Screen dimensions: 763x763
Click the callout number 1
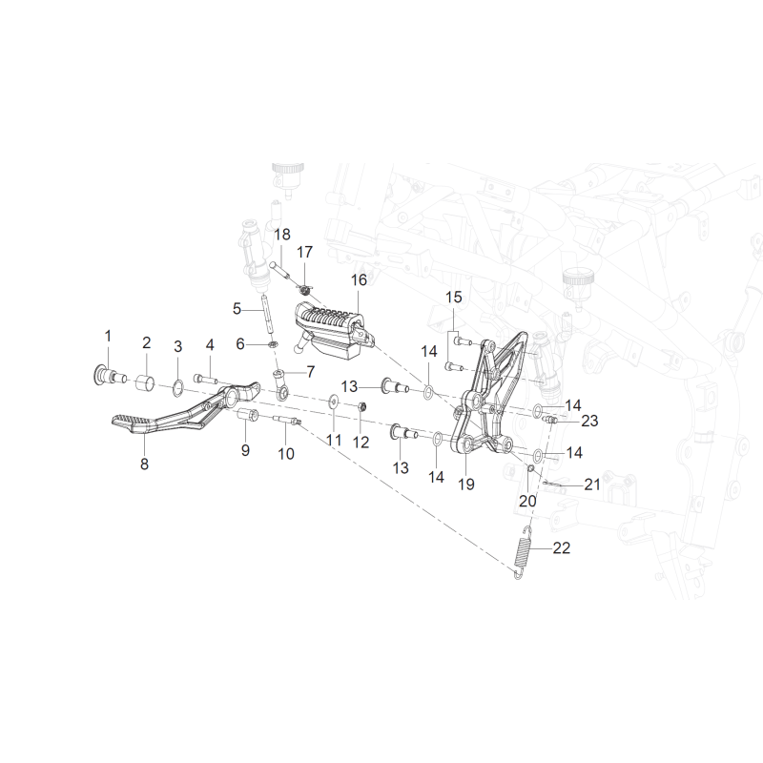click(x=108, y=336)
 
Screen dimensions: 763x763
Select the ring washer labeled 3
click(x=178, y=388)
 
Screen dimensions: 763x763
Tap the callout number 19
click(x=466, y=485)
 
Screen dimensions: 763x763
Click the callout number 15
click(x=454, y=298)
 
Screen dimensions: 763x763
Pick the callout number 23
click(x=589, y=421)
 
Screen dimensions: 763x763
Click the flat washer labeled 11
click(x=334, y=400)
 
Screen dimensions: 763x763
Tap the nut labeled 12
click(x=361, y=406)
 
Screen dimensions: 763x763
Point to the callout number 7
click(x=311, y=372)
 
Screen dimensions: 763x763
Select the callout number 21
click(x=591, y=485)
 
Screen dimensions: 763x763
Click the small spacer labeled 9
click(x=247, y=417)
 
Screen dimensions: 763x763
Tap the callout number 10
click(x=286, y=454)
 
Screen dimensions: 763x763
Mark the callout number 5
click(x=237, y=308)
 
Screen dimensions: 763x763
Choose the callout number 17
click(x=304, y=252)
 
